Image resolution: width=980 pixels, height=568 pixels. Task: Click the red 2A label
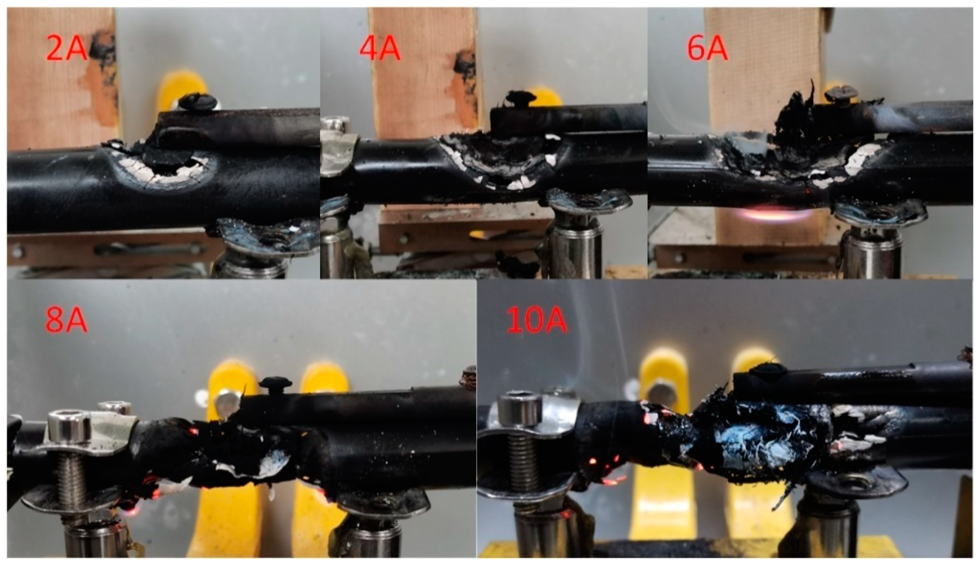[x=66, y=48]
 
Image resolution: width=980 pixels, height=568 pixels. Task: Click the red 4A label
[x=379, y=48]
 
